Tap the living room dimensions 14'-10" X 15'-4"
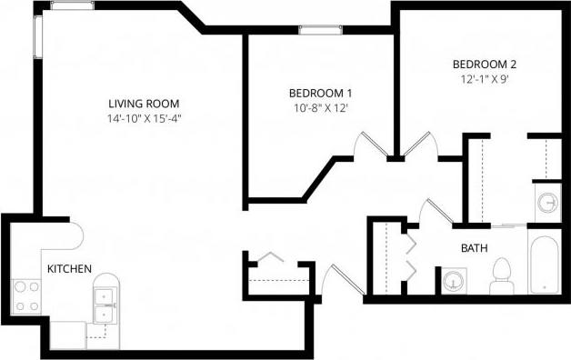151,118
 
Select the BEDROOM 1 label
320,94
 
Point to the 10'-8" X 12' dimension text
320,108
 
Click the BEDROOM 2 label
485,65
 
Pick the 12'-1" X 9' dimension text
485,79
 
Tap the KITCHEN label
69,268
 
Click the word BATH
474,247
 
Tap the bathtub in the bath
545,266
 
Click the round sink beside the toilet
452,281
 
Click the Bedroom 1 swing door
371,145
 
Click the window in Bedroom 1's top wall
315,30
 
